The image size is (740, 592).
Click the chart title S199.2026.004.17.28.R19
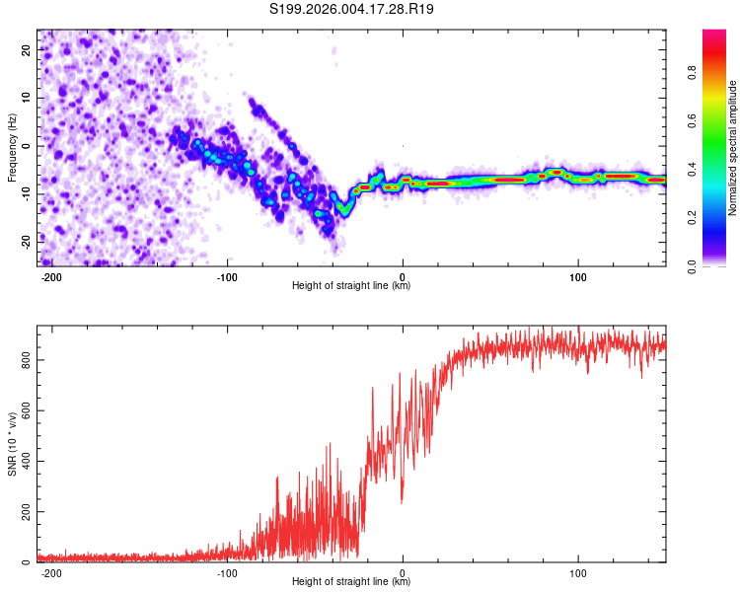coord(352,10)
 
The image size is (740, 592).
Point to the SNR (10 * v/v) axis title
coord(12,444)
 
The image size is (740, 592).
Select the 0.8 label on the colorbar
coord(692,72)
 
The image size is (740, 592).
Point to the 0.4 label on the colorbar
coord(692,169)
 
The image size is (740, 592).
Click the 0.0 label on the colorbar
coord(692,265)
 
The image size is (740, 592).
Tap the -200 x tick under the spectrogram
coord(52,277)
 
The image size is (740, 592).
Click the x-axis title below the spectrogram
coord(351,286)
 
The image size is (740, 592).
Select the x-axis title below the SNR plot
coord(351,582)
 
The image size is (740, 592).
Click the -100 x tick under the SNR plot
coord(227,573)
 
